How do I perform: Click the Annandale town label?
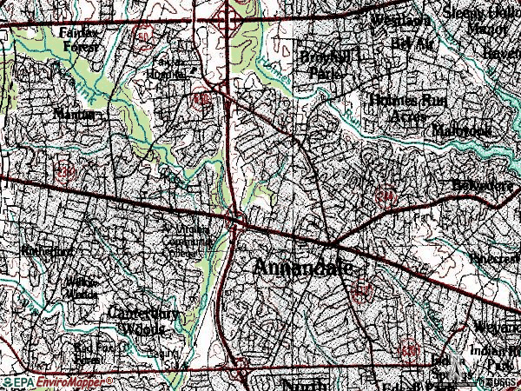(x=303, y=268)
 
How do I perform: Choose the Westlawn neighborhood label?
(x=399, y=21)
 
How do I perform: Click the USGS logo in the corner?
(x=498, y=382)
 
